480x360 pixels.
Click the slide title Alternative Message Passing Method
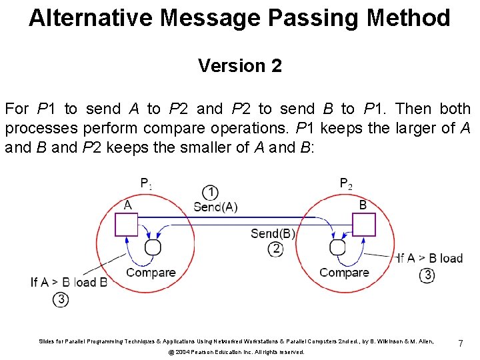(x=239, y=18)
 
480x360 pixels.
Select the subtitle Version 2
(x=239, y=66)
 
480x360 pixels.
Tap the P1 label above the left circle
(x=146, y=183)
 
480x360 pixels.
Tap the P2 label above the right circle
(x=346, y=183)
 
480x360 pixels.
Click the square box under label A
(x=126, y=224)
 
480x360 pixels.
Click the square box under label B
(x=363, y=224)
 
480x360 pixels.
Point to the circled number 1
(x=211, y=193)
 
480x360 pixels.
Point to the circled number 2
(x=275, y=249)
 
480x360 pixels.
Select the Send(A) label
(x=215, y=207)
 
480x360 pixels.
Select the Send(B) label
(x=273, y=233)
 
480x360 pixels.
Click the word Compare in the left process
(x=151, y=272)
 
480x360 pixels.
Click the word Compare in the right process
(x=344, y=272)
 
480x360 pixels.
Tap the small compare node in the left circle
(x=153, y=247)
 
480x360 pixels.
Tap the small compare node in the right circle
(x=338, y=247)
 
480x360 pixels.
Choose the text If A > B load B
(x=69, y=282)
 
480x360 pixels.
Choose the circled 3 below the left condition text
(x=61, y=299)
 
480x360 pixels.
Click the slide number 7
(x=460, y=343)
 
